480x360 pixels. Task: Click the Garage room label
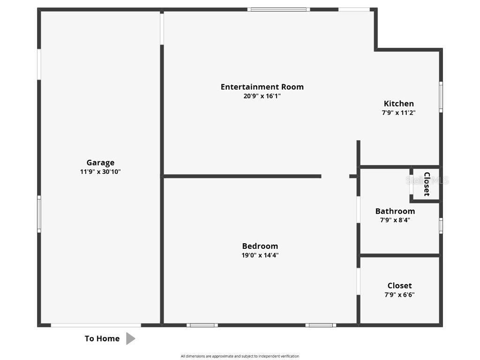click(x=100, y=163)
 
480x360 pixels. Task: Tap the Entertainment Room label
click(x=262, y=87)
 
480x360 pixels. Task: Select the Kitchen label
click(x=399, y=104)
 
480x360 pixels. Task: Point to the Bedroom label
click(x=260, y=246)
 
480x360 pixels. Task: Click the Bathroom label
click(x=395, y=211)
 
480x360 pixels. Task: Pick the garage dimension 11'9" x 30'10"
click(x=100, y=172)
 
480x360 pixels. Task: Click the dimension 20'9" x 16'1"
click(x=262, y=96)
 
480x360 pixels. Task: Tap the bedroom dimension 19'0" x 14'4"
click(x=260, y=255)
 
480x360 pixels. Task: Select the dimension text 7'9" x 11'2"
click(x=399, y=113)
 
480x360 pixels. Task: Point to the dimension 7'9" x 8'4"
click(x=395, y=220)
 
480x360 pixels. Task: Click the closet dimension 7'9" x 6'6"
click(x=399, y=295)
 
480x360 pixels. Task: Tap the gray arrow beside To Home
click(x=130, y=338)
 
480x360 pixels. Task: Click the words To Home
click(x=102, y=338)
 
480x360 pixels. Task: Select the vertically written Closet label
click(x=427, y=184)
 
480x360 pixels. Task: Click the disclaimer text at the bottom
click(x=240, y=356)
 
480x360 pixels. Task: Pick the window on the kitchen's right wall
click(x=441, y=97)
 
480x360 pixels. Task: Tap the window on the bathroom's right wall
click(x=441, y=225)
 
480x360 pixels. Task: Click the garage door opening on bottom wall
click(x=96, y=325)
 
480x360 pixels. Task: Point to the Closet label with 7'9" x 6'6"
click(x=399, y=285)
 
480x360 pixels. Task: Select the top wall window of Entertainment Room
click(x=278, y=9)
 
